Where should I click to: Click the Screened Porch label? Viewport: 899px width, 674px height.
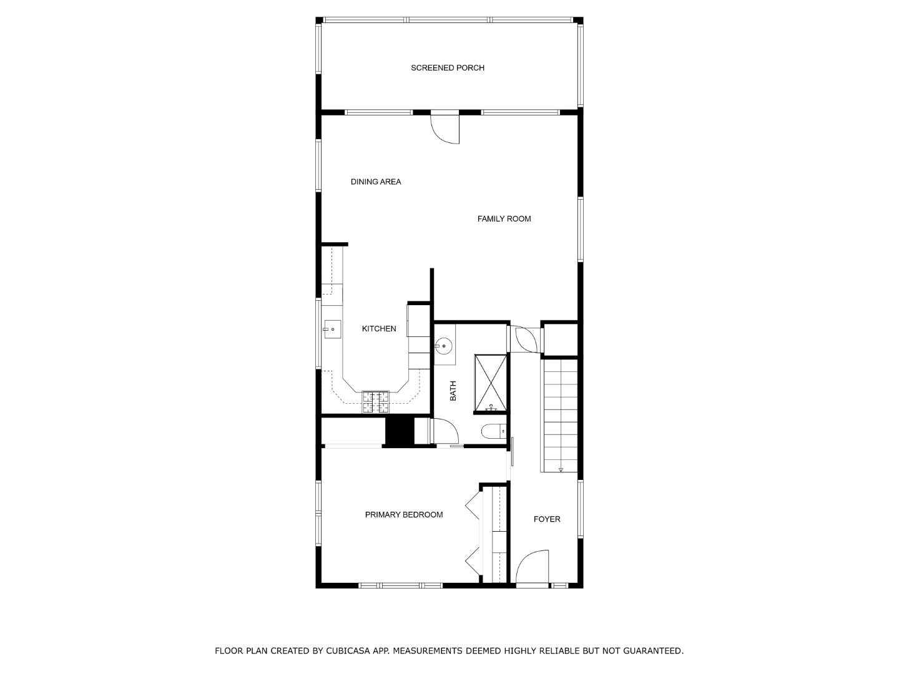447,67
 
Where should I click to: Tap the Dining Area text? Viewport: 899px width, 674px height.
375,182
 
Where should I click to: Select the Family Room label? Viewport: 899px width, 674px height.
504,218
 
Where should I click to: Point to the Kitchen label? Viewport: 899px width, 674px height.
379,328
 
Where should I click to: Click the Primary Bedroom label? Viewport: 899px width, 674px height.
404,514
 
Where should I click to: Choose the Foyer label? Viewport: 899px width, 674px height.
546,519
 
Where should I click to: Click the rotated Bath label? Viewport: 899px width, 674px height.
453,391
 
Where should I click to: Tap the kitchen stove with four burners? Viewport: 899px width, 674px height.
376,401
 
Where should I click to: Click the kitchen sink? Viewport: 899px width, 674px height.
332,329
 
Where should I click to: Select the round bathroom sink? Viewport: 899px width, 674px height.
444,344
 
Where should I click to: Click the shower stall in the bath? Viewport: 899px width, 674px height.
491,383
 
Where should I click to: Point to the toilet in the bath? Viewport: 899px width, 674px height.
493,431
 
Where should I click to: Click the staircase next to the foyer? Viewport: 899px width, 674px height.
560,415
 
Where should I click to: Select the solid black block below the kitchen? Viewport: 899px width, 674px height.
400,431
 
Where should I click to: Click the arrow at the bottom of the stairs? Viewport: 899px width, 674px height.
560,469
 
